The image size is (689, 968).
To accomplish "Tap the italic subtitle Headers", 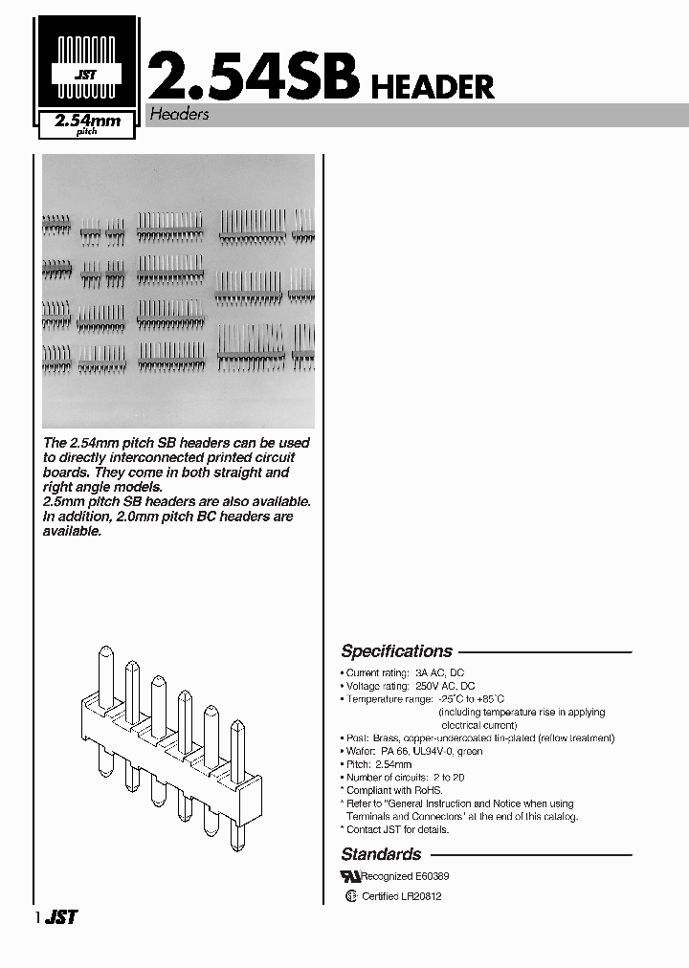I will point(178,115).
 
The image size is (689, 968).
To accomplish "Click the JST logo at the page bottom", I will point(62,916).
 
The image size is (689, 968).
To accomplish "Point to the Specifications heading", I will point(396,651).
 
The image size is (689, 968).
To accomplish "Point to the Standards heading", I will point(381,854).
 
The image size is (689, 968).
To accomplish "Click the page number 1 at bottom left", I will point(37,917).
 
